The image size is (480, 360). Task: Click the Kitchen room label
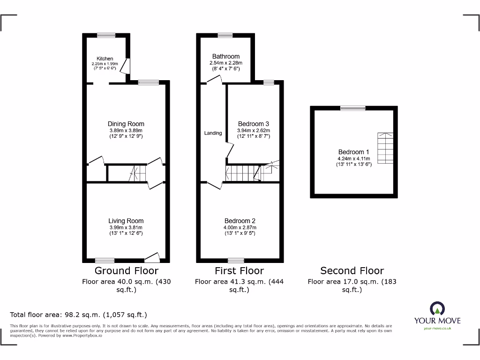tap(105, 59)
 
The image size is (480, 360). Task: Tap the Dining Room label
tap(126, 124)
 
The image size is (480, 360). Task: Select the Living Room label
tap(126, 221)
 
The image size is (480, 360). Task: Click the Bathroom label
tap(226, 56)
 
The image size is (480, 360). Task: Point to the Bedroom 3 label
tap(254, 124)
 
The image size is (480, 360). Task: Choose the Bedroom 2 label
tap(240, 221)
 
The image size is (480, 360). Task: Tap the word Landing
tap(213, 133)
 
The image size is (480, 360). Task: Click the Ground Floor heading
tap(127, 270)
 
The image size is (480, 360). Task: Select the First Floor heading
tap(239, 270)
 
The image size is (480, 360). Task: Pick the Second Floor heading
tap(352, 270)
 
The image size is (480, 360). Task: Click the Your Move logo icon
tap(437, 308)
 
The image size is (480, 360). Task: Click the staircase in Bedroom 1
tap(385, 148)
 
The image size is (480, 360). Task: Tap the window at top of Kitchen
tap(106, 35)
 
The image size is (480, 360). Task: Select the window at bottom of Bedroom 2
tap(236, 260)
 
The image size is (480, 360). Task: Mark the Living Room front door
tap(152, 257)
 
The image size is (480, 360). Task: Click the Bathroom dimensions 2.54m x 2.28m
tap(226, 63)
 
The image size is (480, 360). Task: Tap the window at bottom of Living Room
tap(105, 260)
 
